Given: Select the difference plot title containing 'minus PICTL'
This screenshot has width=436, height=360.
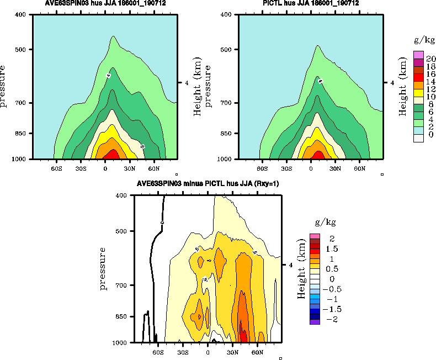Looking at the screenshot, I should click(208, 184).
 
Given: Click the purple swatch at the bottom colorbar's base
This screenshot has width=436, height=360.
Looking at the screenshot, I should click(315, 321).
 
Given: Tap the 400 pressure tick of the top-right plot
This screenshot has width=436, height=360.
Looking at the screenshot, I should click(225, 15).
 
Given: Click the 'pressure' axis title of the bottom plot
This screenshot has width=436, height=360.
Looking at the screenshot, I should click(103, 269).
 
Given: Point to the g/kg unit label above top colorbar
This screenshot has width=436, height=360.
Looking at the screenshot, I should click(422, 41).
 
